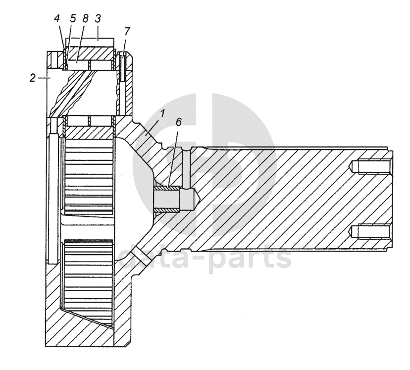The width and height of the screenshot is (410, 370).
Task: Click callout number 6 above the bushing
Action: pos(178,122)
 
